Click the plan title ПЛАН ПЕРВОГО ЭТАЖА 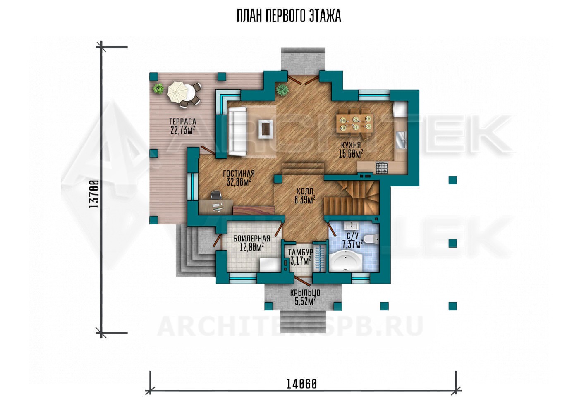289,16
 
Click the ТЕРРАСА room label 183,122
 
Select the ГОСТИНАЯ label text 239,173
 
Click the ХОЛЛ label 305,191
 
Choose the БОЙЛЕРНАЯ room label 251,238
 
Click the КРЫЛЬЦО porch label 305,293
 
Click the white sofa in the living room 237,131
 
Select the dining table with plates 355,123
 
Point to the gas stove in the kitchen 381,168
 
